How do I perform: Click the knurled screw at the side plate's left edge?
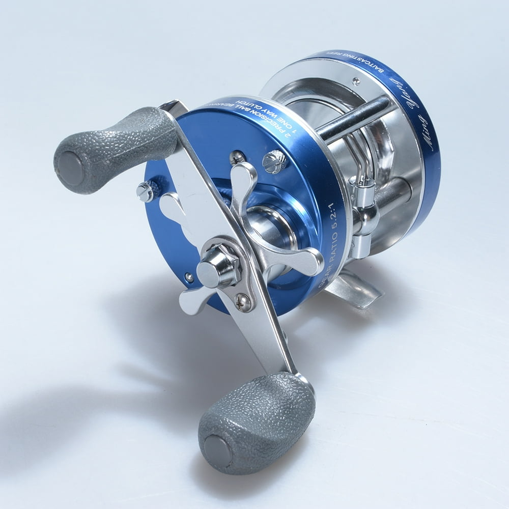pyautogui.click(x=145, y=191)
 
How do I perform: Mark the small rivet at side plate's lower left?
pyautogui.click(x=189, y=277)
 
